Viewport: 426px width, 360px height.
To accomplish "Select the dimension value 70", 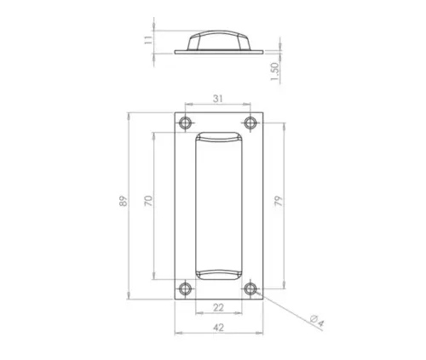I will pos(147,202).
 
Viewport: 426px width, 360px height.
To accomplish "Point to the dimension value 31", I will pos(218,99).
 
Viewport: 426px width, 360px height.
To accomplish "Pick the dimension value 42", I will pos(218,325).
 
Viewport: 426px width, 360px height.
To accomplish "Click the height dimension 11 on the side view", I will pos(147,39).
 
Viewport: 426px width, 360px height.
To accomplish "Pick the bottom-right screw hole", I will pos(250,289).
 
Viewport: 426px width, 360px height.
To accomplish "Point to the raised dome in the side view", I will pos(218,39).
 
